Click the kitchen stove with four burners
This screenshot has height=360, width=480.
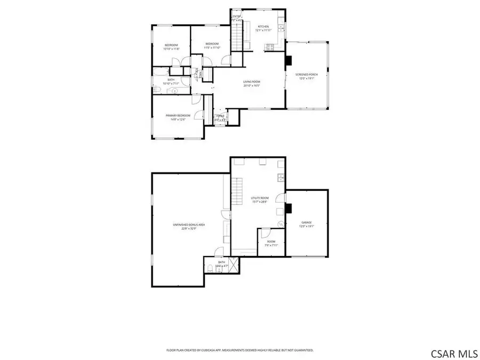click(270, 46)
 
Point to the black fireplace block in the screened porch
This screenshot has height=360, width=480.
click(289, 60)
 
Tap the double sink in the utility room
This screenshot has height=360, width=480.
click(281, 178)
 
